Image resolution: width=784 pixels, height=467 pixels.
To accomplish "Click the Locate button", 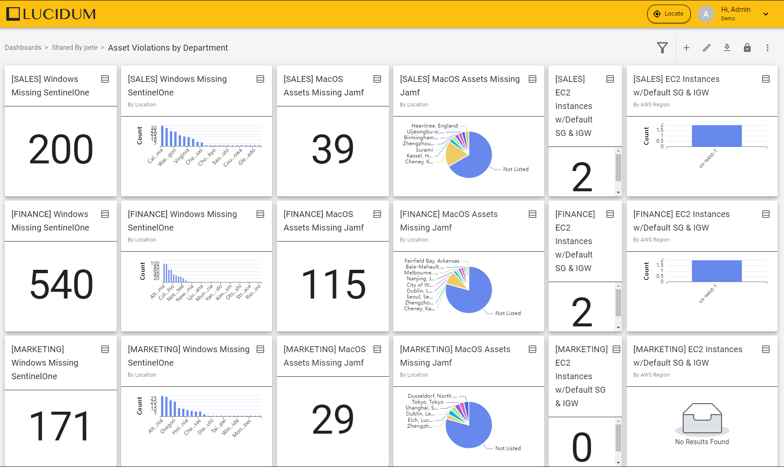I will click(669, 14).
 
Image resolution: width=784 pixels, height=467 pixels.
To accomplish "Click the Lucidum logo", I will click(51, 14).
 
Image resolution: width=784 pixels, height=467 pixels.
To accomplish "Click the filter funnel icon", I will click(662, 48).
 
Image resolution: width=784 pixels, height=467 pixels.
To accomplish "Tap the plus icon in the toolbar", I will click(687, 48).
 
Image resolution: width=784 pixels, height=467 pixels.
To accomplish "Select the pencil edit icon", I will click(707, 48).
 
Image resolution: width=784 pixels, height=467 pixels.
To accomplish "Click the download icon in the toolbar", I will click(727, 48).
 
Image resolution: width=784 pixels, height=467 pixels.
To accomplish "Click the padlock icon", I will click(747, 48).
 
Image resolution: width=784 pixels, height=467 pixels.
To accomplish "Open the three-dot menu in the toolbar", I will click(768, 48).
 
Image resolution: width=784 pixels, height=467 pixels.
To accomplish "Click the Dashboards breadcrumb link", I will click(23, 48).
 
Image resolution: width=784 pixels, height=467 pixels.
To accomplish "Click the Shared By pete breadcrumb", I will click(75, 48).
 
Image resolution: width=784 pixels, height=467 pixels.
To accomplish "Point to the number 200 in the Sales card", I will click(61, 149).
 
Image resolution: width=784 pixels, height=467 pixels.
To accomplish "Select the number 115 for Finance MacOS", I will click(333, 285).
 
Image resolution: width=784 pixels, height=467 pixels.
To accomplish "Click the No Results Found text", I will click(702, 442).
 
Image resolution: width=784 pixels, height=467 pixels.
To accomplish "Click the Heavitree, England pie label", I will click(434, 126).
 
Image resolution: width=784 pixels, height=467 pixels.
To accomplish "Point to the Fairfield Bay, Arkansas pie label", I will click(432, 261).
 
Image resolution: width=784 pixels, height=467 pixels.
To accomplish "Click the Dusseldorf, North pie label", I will click(432, 396).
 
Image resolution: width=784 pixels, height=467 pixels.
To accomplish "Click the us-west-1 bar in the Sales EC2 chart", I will click(716, 136).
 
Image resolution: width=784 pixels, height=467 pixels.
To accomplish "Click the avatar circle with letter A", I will click(706, 14).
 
